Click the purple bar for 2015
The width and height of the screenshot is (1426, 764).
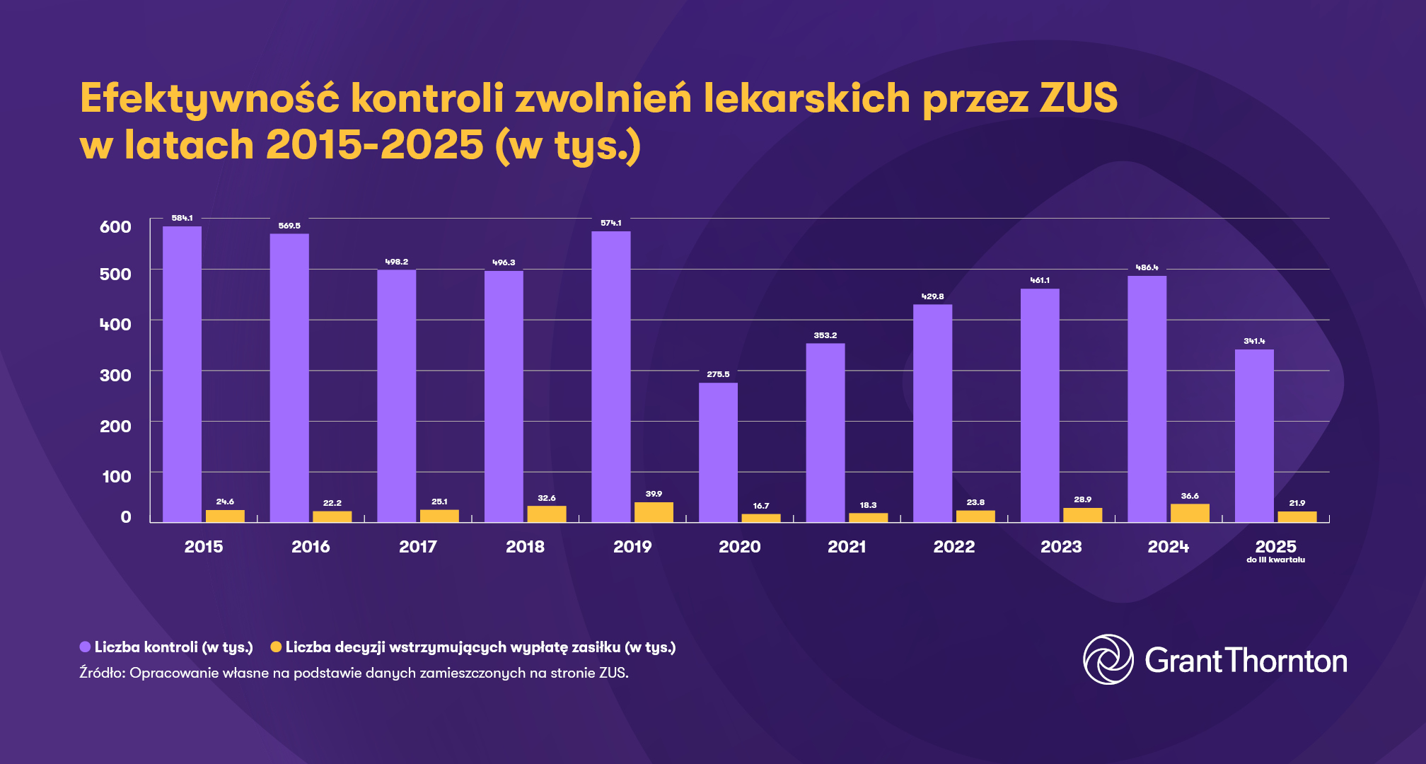click(x=182, y=374)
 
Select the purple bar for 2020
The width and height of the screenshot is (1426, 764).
click(x=718, y=453)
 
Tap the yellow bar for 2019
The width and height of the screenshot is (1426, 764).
click(x=654, y=512)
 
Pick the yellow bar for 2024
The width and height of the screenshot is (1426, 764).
click(x=1190, y=513)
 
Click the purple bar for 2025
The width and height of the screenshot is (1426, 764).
click(x=1254, y=436)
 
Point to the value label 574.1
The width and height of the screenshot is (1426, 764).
click(x=611, y=223)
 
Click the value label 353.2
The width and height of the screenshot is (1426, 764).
click(x=825, y=335)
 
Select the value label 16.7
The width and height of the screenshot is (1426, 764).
click(x=761, y=506)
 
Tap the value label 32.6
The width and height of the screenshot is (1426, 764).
click(x=547, y=498)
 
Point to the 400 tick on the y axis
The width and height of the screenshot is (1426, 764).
click(x=115, y=325)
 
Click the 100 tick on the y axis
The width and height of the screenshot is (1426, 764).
click(x=117, y=477)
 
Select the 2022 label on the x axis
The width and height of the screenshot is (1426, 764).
click(x=953, y=547)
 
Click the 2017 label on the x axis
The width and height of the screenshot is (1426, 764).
click(x=417, y=547)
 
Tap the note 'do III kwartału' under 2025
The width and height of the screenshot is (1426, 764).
click(x=1275, y=560)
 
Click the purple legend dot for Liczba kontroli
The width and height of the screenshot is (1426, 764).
click(x=86, y=647)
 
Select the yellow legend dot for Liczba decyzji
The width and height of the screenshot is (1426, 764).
click(x=276, y=647)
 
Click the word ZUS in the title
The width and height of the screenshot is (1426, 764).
click(x=1078, y=98)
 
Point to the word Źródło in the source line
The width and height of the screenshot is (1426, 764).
click(x=102, y=673)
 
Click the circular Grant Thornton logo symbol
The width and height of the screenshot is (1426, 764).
click(x=1108, y=659)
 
